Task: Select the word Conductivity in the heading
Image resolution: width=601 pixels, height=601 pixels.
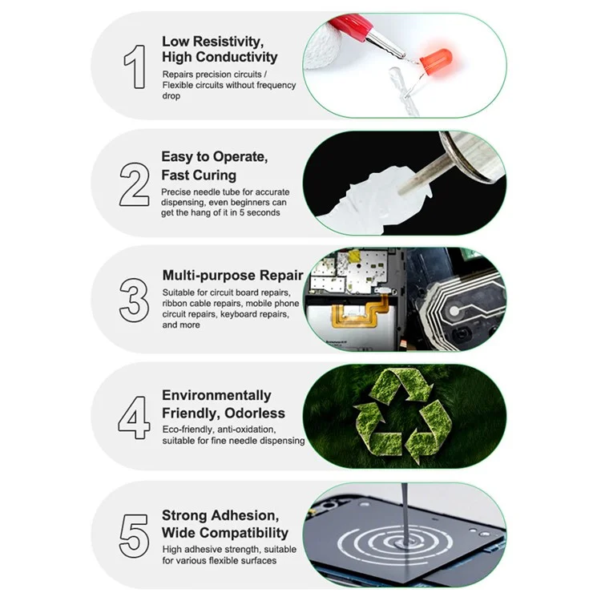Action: tap(239, 57)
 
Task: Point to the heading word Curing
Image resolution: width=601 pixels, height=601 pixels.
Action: tap(214, 175)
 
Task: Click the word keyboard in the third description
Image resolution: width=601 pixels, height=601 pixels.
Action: tap(237, 314)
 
